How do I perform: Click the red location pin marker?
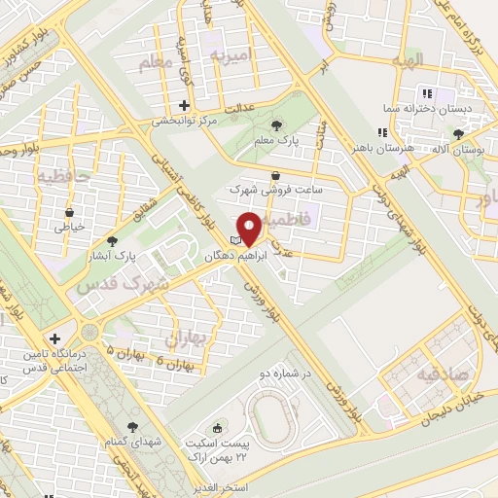[249, 229]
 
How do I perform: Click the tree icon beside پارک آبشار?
[113, 240]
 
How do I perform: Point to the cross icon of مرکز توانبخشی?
[184, 105]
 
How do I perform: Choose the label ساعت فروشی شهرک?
[275, 190]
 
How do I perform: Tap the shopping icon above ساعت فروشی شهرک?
[276, 174]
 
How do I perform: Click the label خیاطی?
[70, 227]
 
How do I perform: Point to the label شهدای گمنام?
[132, 442]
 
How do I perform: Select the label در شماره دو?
[282, 372]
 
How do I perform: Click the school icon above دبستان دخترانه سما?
[426, 93]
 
